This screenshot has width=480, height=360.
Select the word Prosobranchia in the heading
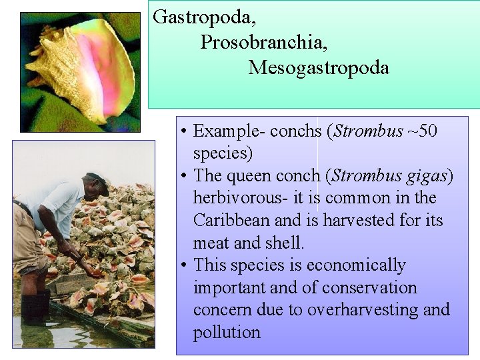263,42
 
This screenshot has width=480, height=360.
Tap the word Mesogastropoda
319,67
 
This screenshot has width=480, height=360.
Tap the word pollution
227,333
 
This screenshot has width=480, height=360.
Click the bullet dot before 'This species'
183,265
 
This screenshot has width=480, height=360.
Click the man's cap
99,180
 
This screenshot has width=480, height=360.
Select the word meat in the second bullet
211,243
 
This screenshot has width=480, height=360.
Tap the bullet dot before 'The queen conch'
183,176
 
